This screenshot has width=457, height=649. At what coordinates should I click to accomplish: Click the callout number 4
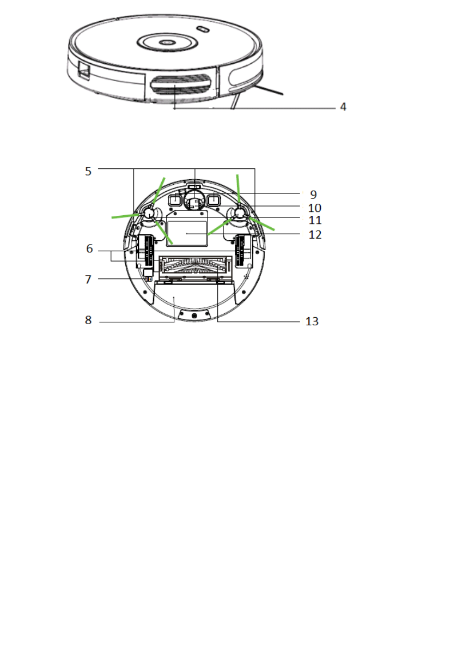pos(343,107)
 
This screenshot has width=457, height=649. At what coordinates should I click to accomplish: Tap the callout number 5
pos(88,171)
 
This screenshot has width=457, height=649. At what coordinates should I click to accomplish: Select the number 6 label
pos(89,248)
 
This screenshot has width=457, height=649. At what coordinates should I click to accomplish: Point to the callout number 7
pos(88,280)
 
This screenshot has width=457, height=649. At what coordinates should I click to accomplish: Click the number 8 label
pos(88,320)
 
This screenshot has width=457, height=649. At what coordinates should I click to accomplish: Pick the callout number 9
pos(314,195)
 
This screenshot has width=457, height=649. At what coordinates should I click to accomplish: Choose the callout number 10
pos(315,208)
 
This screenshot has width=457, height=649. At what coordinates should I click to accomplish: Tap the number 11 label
pos(315,220)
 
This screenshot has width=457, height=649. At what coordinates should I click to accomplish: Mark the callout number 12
pos(315,235)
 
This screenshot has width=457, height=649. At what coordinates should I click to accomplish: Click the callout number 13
pos(312,321)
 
